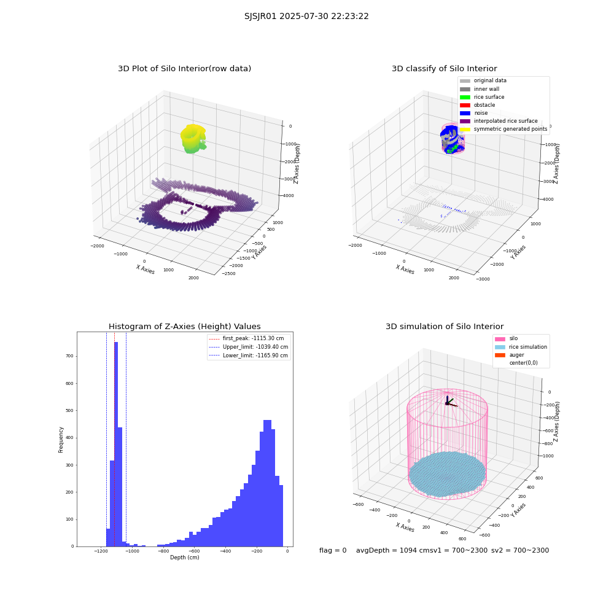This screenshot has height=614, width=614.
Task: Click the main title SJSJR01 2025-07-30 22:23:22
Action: [x=306, y=16]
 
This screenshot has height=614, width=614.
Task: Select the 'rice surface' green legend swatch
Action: [x=465, y=97]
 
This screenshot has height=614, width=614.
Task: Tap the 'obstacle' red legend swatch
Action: [x=465, y=105]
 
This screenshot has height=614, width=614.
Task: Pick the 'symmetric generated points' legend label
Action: [x=510, y=129]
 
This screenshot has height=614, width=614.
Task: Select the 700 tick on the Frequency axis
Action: [x=69, y=356]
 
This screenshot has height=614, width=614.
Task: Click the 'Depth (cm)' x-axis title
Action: [x=184, y=558]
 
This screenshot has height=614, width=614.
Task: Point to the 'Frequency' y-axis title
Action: [x=61, y=440]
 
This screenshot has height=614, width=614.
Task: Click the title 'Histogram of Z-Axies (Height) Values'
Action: [x=184, y=326]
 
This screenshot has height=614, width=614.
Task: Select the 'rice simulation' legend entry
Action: [x=521, y=347]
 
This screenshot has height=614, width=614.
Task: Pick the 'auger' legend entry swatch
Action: [x=500, y=355]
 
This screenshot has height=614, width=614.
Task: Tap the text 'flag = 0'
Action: [x=333, y=550]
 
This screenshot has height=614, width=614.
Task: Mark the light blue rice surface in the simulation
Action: [x=447, y=474]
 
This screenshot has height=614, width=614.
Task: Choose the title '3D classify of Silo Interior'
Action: [x=445, y=69]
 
